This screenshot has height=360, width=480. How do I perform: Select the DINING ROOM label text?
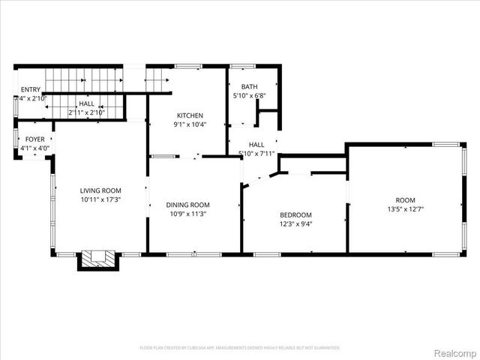pos(187,205)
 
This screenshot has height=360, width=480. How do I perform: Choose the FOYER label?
pos(34,139)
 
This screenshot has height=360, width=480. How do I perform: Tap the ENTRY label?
pos(30,89)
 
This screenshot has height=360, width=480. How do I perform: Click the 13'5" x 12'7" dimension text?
pos(404,209)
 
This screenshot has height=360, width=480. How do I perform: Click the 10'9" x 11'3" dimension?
pos(187,214)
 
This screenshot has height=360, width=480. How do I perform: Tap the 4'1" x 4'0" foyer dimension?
pos(34,148)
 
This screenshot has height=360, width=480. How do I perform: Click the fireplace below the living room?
pos(97,259)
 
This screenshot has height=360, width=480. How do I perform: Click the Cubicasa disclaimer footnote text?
pos(240,348)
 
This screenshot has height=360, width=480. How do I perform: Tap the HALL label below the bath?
pos(256,145)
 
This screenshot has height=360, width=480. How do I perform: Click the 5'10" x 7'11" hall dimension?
pos(256,154)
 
